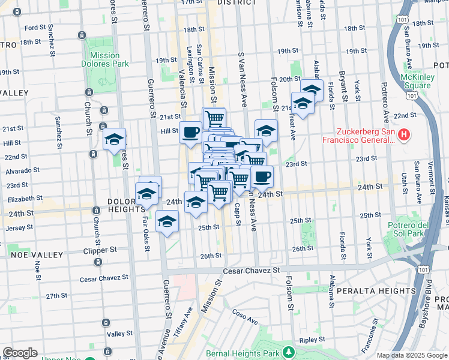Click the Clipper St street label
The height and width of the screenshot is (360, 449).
point(100,250)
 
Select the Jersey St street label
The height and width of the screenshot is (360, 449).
point(21,227)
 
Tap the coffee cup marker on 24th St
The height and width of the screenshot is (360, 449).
point(262,176)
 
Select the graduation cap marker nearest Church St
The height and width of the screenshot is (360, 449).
point(113,140)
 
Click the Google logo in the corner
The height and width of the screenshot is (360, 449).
point(20,352)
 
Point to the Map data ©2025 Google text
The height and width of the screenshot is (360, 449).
point(412,355)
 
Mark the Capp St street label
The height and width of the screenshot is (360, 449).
point(238,215)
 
